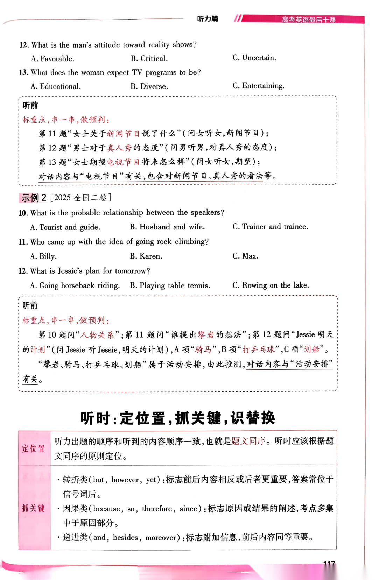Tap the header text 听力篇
pos(208,19)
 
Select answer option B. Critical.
pos(149,58)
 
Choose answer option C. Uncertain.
pos(254,58)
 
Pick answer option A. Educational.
pos(56,86)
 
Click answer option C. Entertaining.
pos(258,86)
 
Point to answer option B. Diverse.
pos(149,86)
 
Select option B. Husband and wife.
pos(167,227)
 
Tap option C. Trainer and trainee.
pos(270,227)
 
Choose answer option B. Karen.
pos(146,256)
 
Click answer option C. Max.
pos(245,256)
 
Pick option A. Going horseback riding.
pos(75,285)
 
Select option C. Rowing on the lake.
pos(271,285)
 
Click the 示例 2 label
pos(33,198)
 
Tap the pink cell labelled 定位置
pos(34,448)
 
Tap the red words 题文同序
pos(248,441)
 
